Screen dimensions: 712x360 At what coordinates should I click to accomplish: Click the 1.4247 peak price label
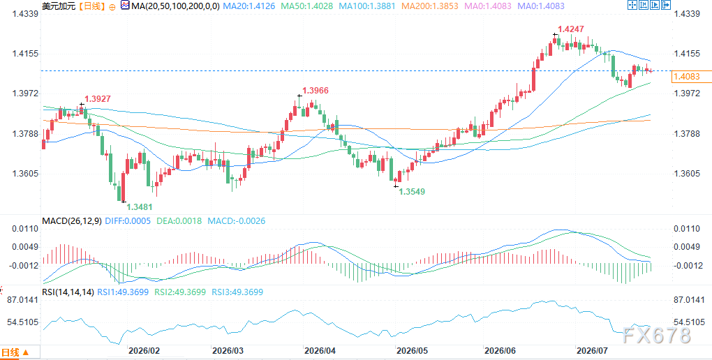pos(571,29)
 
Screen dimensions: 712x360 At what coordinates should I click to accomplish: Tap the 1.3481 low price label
pos(140,207)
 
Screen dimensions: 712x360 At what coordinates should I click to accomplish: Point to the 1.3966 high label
pos(316,91)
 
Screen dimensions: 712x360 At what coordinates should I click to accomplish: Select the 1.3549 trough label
pos(412,192)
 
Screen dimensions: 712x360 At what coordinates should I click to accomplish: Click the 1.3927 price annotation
pos(98,98)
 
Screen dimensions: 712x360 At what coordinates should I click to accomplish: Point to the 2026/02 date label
pos(144,351)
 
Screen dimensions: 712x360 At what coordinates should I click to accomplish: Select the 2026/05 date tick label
pos(411,351)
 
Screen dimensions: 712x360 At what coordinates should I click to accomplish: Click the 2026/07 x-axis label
pos(591,351)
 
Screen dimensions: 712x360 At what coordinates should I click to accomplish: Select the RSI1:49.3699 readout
pos(123,292)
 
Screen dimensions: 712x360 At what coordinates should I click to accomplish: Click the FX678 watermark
pos(656,336)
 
